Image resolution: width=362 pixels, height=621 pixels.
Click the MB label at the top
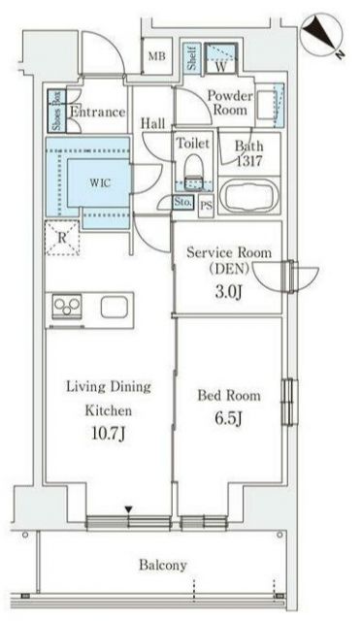click(157, 56)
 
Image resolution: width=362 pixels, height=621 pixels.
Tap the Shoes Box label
click(57, 111)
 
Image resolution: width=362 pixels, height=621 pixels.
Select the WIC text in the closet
click(100, 183)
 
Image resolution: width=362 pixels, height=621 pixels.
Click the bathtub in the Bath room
click(249, 195)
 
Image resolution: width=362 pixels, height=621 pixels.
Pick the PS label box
click(206, 206)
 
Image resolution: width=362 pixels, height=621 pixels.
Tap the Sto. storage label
click(183, 202)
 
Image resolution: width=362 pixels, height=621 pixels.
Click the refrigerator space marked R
click(62, 238)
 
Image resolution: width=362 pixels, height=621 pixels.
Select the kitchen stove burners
click(67, 306)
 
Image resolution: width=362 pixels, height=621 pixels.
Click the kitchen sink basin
click(115, 308)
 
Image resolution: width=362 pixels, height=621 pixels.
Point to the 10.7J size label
click(109, 434)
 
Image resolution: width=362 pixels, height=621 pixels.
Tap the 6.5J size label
click(228, 419)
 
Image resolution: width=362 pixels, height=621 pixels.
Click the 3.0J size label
click(228, 292)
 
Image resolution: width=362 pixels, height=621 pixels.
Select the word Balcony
click(163, 565)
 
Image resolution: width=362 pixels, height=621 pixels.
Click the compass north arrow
click(321, 32)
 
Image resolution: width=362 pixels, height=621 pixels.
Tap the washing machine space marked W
click(221, 58)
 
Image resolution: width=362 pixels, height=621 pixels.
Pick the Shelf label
click(192, 58)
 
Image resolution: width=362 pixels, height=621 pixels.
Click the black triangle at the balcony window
click(128, 508)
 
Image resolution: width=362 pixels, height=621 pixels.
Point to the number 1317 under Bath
click(249, 161)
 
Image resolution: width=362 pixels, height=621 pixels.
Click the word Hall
click(153, 123)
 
